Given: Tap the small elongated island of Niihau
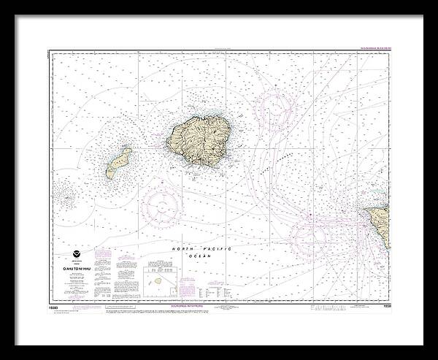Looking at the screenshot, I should click(x=118, y=162).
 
